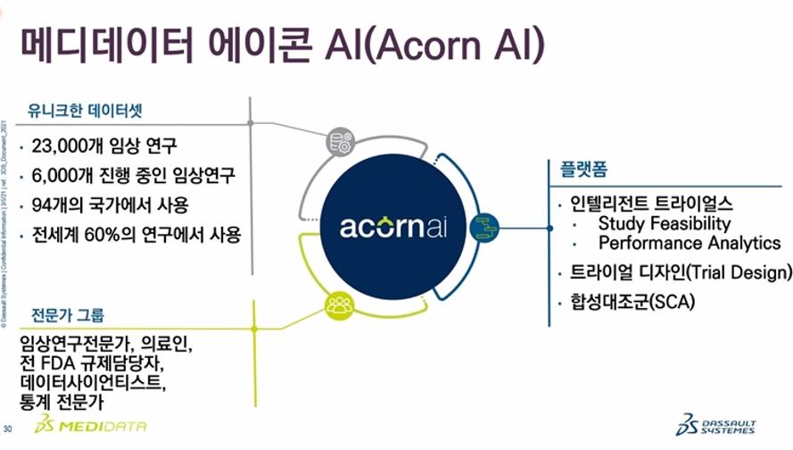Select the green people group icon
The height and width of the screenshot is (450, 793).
tap(339, 305)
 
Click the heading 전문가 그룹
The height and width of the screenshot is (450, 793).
tap(68, 314)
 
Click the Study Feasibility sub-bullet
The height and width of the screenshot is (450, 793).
tap(664, 223)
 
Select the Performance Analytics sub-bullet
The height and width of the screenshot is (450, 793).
tap(689, 243)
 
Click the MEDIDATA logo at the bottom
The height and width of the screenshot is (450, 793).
tap(90, 426)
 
